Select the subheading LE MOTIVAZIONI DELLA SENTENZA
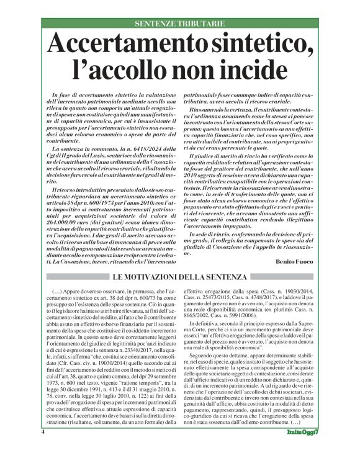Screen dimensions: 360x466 (179, 276)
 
